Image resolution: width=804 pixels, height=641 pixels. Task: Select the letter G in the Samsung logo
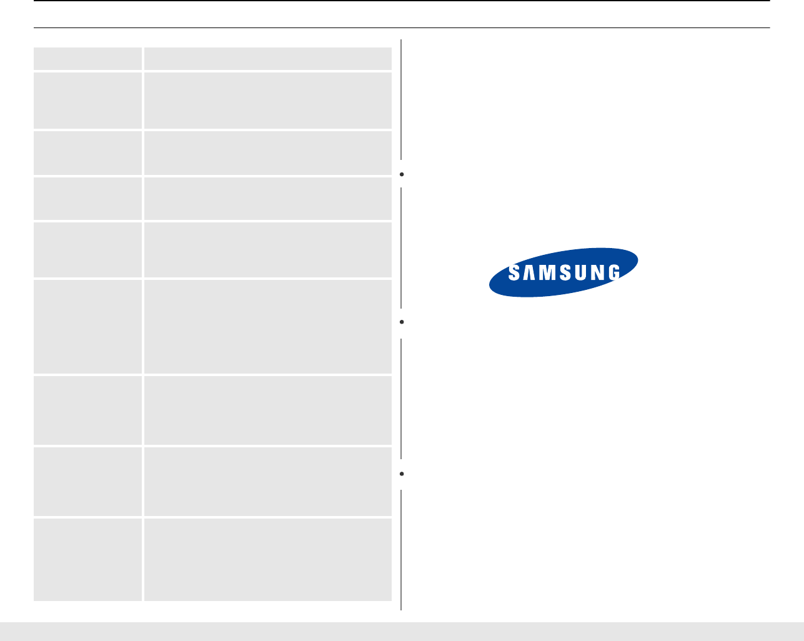[613, 273]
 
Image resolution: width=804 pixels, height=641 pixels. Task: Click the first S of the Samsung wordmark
[514, 273]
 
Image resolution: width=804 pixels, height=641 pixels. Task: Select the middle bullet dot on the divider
[403, 322]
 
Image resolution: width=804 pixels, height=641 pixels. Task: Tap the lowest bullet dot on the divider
[403, 474]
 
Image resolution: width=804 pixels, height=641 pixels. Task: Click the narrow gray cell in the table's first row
[87, 59]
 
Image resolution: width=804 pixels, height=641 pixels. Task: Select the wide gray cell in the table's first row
[267, 59]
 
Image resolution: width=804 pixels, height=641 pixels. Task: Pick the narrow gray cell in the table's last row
[87, 559]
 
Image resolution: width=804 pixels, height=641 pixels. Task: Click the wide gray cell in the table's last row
[267, 559]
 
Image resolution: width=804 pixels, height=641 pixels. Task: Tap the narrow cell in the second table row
[87, 101]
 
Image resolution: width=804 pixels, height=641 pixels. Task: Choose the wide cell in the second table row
[267, 101]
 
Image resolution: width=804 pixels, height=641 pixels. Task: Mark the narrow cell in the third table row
[87, 152]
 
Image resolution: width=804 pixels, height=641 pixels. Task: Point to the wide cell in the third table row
[267, 152]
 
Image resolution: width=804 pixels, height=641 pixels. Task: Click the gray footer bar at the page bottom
[402, 631]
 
